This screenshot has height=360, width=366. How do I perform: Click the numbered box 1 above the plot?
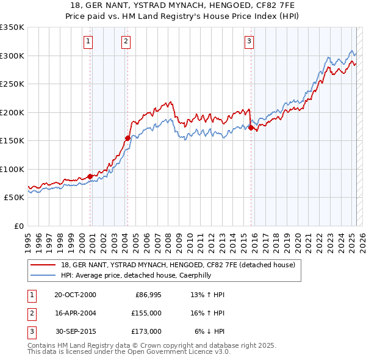88,41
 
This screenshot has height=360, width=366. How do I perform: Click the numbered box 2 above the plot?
126,41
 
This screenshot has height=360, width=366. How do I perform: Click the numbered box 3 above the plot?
249,41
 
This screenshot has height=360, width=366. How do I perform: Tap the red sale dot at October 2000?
90,176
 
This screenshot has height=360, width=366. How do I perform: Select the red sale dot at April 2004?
127,138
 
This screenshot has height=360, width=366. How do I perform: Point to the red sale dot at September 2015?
251,128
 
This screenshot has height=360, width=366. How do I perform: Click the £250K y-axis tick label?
12,84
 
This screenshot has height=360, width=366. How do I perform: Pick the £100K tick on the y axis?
12,169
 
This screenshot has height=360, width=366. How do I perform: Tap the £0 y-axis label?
18,226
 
